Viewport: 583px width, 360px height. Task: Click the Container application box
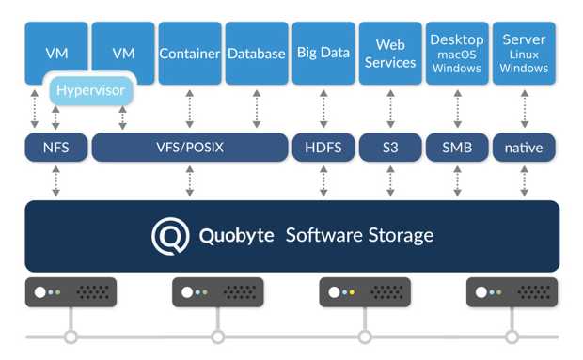click(x=190, y=54)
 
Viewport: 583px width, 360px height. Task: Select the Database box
click(x=256, y=54)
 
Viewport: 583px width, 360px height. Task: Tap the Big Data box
click(x=323, y=54)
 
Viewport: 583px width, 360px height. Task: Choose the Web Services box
click(x=389, y=54)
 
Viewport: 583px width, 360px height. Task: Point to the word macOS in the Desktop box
click(x=456, y=55)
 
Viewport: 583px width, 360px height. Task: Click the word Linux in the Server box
click(x=524, y=55)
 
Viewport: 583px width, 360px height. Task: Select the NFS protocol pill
click(x=55, y=147)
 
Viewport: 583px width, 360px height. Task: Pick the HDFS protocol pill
click(x=323, y=147)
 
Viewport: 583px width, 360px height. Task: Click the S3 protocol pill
click(x=389, y=147)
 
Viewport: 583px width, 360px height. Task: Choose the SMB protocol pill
click(x=456, y=147)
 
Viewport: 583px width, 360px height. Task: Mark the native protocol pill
click(x=524, y=147)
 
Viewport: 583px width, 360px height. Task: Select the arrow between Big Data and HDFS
click(x=323, y=109)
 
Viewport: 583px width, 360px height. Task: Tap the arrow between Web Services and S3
click(x=389, y=109)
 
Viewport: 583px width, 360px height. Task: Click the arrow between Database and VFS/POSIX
click(x=256, y=109)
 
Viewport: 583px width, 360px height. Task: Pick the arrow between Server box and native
click(x=524, y=109)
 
